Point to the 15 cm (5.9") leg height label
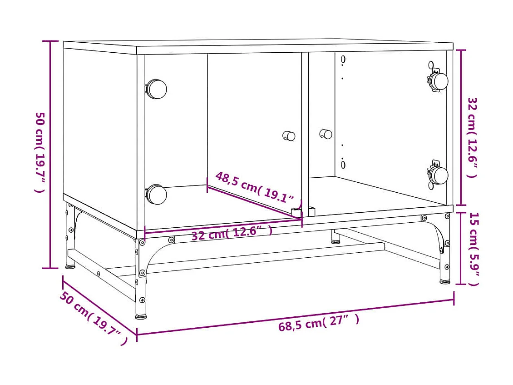coord(474,248)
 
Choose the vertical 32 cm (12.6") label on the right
coord(473,137)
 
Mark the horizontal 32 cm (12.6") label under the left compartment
coord(232,233)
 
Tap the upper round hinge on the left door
coord(156,89)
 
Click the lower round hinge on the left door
coord(156,195)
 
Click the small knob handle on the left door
coord(289,136)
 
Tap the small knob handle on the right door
coord(326,134)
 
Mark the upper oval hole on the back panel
coord(343,59)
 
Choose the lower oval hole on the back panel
coord(343,164)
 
